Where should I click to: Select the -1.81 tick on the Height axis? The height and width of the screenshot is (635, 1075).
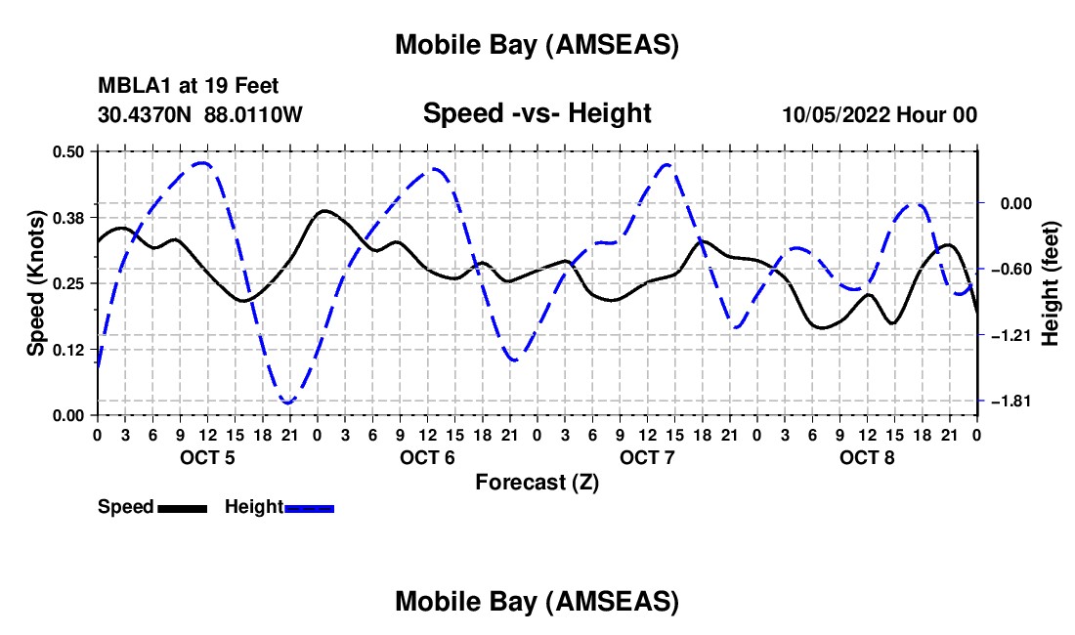(x=1010, y=402)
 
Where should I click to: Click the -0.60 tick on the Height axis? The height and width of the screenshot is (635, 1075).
(x=1010, y=270)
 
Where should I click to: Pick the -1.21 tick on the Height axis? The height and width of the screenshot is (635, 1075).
(x=1010, y=335)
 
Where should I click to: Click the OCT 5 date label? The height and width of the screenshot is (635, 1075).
(x=207, y=457)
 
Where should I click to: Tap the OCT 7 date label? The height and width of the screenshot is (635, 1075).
(x=646, y=457)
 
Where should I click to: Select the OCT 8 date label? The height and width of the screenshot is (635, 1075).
(x=866, y=457)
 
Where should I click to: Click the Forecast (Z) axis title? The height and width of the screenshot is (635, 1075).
(x=537, y=482)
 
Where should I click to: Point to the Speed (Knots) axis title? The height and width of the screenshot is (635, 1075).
(x=35, y=283)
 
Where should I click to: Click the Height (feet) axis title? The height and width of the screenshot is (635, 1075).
(x=1052, y=283)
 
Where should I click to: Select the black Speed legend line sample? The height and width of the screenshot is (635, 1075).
(x=182, y=508)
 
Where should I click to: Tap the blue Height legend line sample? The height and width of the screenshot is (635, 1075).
(x=309, y=508)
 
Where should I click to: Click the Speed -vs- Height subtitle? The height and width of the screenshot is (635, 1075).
(x=537, y=113)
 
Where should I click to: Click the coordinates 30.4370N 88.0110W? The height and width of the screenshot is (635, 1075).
(x=200, y=114)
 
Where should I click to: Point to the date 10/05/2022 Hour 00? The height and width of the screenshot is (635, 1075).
(x=880, y=114)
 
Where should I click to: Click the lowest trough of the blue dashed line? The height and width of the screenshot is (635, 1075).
(x=288, y=402)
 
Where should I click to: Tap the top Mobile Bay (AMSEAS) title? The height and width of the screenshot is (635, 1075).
(x=537, y=44)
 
